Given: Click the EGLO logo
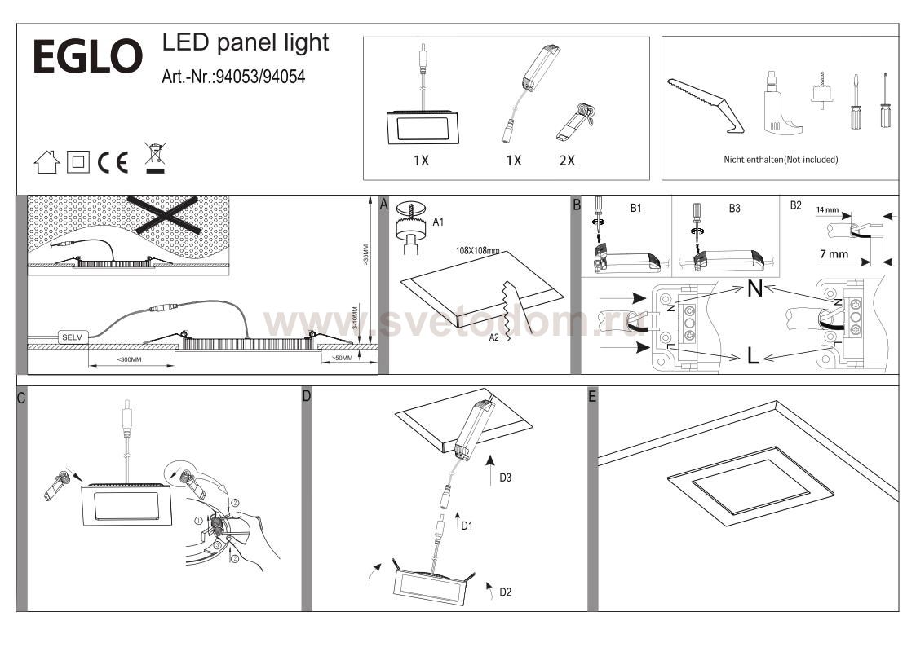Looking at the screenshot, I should pyautogui.click(x=87, y=57).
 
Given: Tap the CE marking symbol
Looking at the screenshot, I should pyautogui.click(x=113, y=162).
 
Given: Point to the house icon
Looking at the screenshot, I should pyautogui.click(x=46, y=162).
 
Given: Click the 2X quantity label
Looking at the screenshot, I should pyautogui.click(x=567, y=161).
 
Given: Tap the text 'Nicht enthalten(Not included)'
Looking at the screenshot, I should pyautogui.click(x=781, y=160).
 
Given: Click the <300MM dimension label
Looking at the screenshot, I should pyautogui.click(x=129, y=359).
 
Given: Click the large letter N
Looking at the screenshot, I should pyautogui.click(x=754, y=288).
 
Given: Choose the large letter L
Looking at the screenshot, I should pyautogui.click(x=754, y=355).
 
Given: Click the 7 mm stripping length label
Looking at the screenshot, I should pyautogui.click(x=833, y=254).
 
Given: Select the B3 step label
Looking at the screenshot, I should pyautogui.click(x=734, y=209).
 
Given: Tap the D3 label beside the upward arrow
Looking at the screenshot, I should pyautogui.click(x=506, y=478).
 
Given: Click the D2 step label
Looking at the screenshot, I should pyautogui.click(x=505, y=591).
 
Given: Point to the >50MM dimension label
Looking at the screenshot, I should pyautogui.click(x=342, y=358).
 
